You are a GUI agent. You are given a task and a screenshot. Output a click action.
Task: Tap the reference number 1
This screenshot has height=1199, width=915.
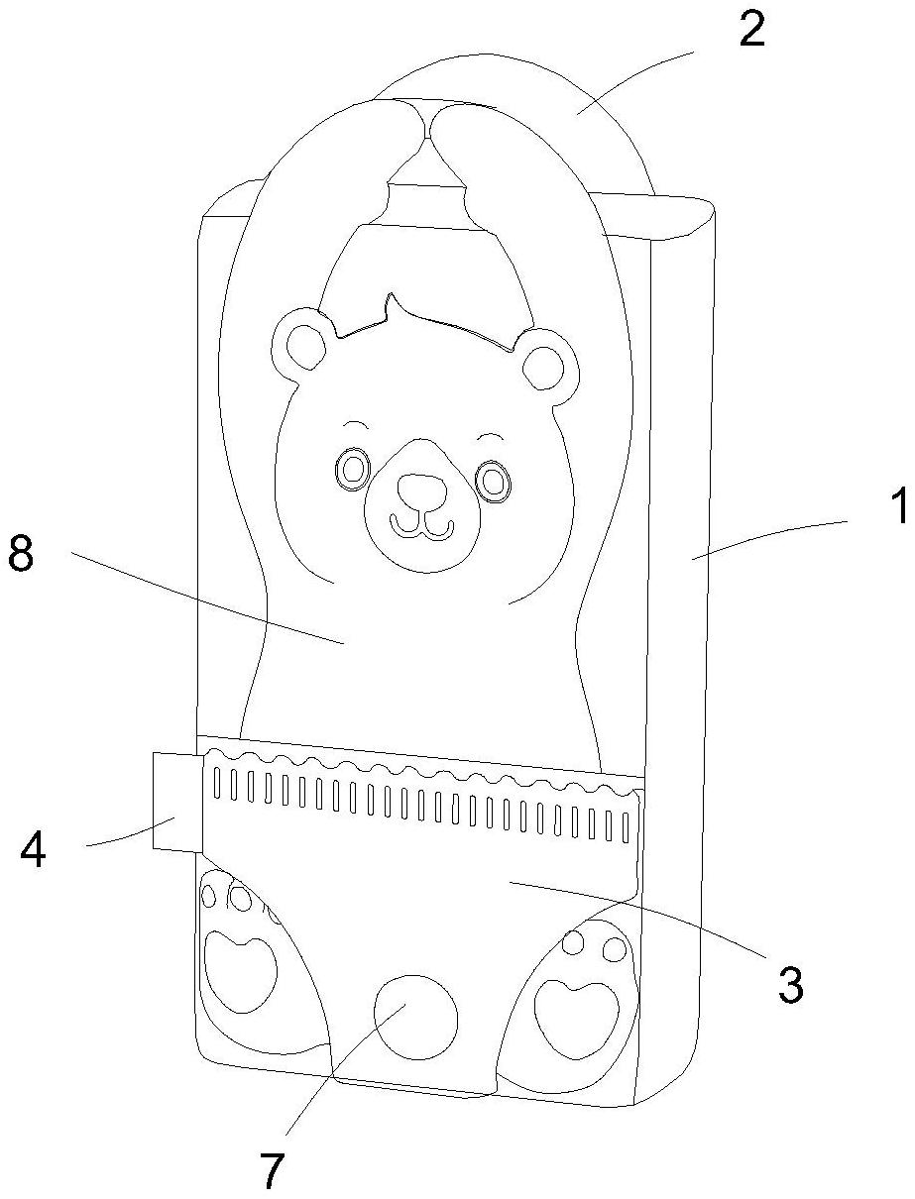coord(898,509)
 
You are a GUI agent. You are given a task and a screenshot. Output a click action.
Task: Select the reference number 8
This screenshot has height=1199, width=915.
coord(21,555)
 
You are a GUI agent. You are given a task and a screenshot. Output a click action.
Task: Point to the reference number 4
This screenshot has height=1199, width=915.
coord(34,851)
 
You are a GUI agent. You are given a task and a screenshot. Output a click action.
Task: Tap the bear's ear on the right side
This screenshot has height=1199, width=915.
coord(543,365)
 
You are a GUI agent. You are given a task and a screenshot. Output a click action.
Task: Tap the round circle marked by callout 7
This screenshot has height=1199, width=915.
coord(415,1015)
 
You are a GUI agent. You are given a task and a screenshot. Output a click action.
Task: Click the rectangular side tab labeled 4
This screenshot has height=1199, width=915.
coord(176,801)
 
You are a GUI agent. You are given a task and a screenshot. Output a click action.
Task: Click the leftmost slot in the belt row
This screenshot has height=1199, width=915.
coord(219,782)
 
